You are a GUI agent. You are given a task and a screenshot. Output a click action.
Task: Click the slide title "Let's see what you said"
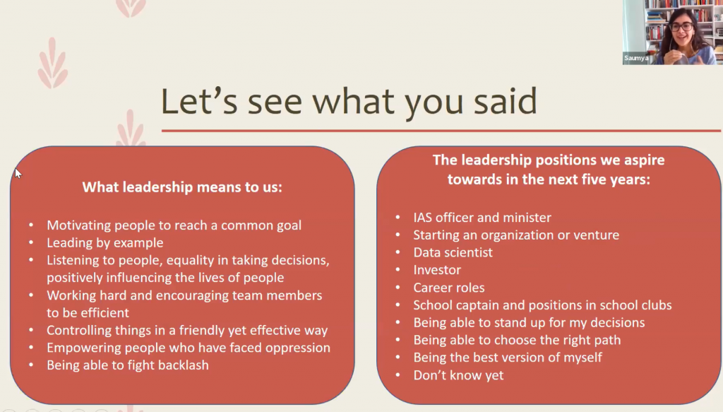pyautogui.click(x=349, y=102)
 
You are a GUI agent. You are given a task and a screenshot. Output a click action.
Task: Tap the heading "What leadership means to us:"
pyautogui.click(x=182, y=187)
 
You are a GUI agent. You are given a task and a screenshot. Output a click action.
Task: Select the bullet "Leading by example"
pyautogui.click(x=104, y=242)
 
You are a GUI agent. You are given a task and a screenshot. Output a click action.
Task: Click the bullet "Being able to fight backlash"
pyautogui.click(x=128, y=365)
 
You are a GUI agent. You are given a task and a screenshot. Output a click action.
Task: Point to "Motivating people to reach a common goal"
pyautogui.click(x=174, y=225)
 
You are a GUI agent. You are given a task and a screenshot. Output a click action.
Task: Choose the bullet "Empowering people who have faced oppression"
pyautogui.click(x=188, y=348)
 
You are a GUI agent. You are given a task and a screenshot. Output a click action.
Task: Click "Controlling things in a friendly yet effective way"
pyautogui.click(x=186, y=330)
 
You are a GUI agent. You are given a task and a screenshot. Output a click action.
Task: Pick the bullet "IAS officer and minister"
pyautogui.click(x=482, y=217)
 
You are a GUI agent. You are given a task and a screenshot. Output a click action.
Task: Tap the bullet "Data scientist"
pyautogui.click(x=453, y=252)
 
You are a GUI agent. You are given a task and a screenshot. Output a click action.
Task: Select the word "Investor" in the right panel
pyautogui.click(x=436, y=270)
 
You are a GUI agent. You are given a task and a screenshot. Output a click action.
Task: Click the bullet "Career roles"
pyautogui.click(x=448, y=288)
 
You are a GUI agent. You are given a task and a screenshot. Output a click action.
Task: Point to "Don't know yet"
pyautogui.click(x=458, y=375)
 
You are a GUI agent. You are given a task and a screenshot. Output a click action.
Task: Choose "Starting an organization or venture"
pyautogui.click(x=516, y=235)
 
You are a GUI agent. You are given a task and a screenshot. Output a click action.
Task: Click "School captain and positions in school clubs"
pyautogui.click(x=542, y=305)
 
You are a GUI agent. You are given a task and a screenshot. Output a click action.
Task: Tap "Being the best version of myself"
pyautogui.click(x=507, y=358)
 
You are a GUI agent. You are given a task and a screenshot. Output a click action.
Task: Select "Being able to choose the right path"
pyautogui.click(x=517, y=340)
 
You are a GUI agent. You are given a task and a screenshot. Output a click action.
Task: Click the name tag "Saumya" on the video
pyautogui.click(x=636, y=58)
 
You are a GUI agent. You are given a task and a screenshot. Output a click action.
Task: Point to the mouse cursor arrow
pyautogui.click(x=18, y=173)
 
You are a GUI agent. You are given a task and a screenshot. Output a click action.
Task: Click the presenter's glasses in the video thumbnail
pyautogui.click(x=681, y=27)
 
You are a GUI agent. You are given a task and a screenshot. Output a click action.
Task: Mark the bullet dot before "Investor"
pyautogui.click(x=398, y=270)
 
